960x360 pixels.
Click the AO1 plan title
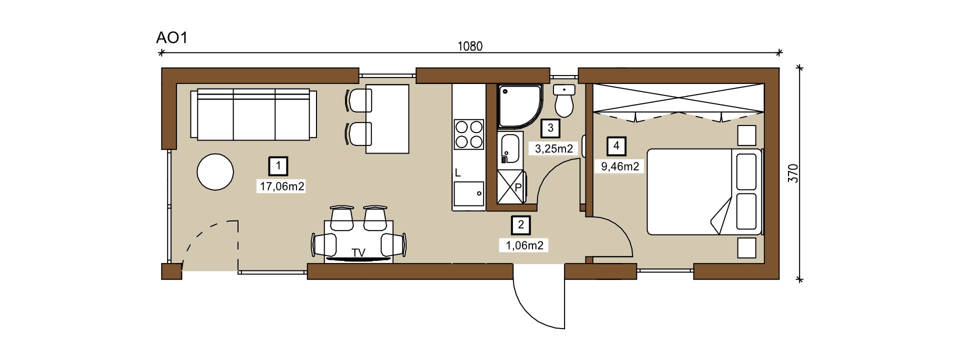[171, 38]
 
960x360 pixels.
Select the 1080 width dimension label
[470, 46]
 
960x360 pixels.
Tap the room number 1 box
[278, 165]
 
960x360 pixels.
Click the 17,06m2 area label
[282, 186]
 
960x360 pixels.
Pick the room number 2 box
[521, 225]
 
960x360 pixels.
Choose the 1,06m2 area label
[524, 245]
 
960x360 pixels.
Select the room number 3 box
[550, 128]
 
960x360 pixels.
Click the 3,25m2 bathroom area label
[553, 148]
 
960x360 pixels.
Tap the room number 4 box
[616, 146]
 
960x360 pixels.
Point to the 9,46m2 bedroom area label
[620, 166]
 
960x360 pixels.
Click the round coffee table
[215, 171]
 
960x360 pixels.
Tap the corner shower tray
[520, 106]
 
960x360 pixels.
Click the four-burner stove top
[469, 134]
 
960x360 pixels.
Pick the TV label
[358, 253]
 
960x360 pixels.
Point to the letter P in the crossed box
[518, 188]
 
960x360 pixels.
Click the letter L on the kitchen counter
[457, 173]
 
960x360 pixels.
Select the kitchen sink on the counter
[469, 193]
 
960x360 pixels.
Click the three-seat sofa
[253, 114]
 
